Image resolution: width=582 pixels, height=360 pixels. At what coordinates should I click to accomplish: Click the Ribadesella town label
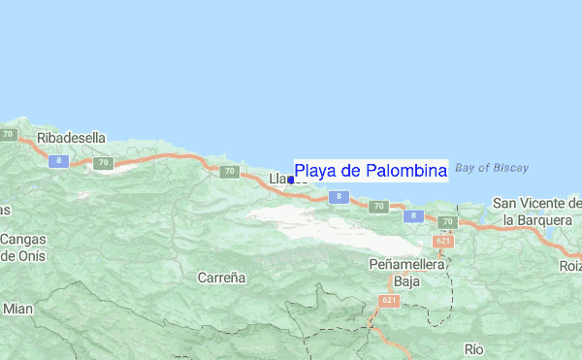point(70,138)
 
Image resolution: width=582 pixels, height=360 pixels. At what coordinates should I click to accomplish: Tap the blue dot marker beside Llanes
point(291,180)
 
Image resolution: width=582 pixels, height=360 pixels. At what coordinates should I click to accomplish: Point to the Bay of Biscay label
point(491,167)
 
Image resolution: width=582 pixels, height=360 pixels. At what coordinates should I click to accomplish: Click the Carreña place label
point(221,278)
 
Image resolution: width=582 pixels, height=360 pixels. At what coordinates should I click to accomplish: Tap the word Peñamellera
point(406,264)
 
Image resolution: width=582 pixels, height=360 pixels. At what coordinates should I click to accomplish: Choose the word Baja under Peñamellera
point(406,281)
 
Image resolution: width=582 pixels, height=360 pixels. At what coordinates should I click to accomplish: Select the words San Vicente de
point(536,203)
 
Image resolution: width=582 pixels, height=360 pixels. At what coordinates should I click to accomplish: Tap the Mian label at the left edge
point(17,309)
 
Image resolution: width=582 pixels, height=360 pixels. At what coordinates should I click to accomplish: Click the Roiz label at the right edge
point(570,265)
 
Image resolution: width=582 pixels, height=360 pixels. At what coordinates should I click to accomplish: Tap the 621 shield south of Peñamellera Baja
point(389,302)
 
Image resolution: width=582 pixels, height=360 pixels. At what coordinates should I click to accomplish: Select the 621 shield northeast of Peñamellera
point(442,241)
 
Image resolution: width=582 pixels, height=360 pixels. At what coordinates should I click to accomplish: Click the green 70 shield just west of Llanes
point(229,173)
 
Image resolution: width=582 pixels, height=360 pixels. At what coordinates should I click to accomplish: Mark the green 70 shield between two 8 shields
point(378,207)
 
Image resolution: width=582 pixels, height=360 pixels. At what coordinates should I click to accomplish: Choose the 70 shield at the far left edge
point(9,135)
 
